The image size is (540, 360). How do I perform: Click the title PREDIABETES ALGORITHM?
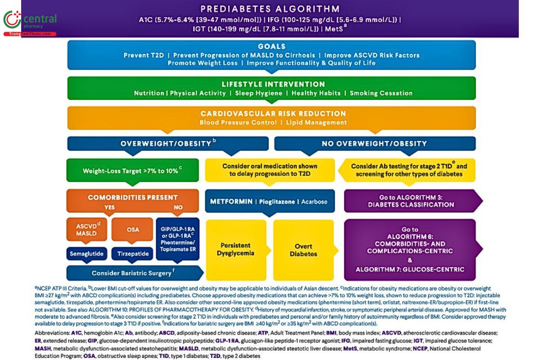[270, 9]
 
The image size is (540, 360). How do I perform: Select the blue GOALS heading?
[271, 46]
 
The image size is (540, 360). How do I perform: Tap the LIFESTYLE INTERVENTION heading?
[273, 84]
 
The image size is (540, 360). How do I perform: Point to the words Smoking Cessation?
[381, 93]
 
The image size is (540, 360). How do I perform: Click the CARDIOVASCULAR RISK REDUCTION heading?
[273, 113]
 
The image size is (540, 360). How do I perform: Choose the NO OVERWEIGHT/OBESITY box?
[374, 144]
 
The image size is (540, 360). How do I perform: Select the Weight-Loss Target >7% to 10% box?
[132, 171]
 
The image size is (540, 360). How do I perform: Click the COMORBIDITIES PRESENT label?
[133, 197]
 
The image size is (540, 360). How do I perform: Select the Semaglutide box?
[87, 254]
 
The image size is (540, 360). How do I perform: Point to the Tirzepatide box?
[133, 254]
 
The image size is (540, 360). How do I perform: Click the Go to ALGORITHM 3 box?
[410, 201]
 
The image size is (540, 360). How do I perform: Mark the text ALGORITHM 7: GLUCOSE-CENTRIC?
[409, 270]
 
